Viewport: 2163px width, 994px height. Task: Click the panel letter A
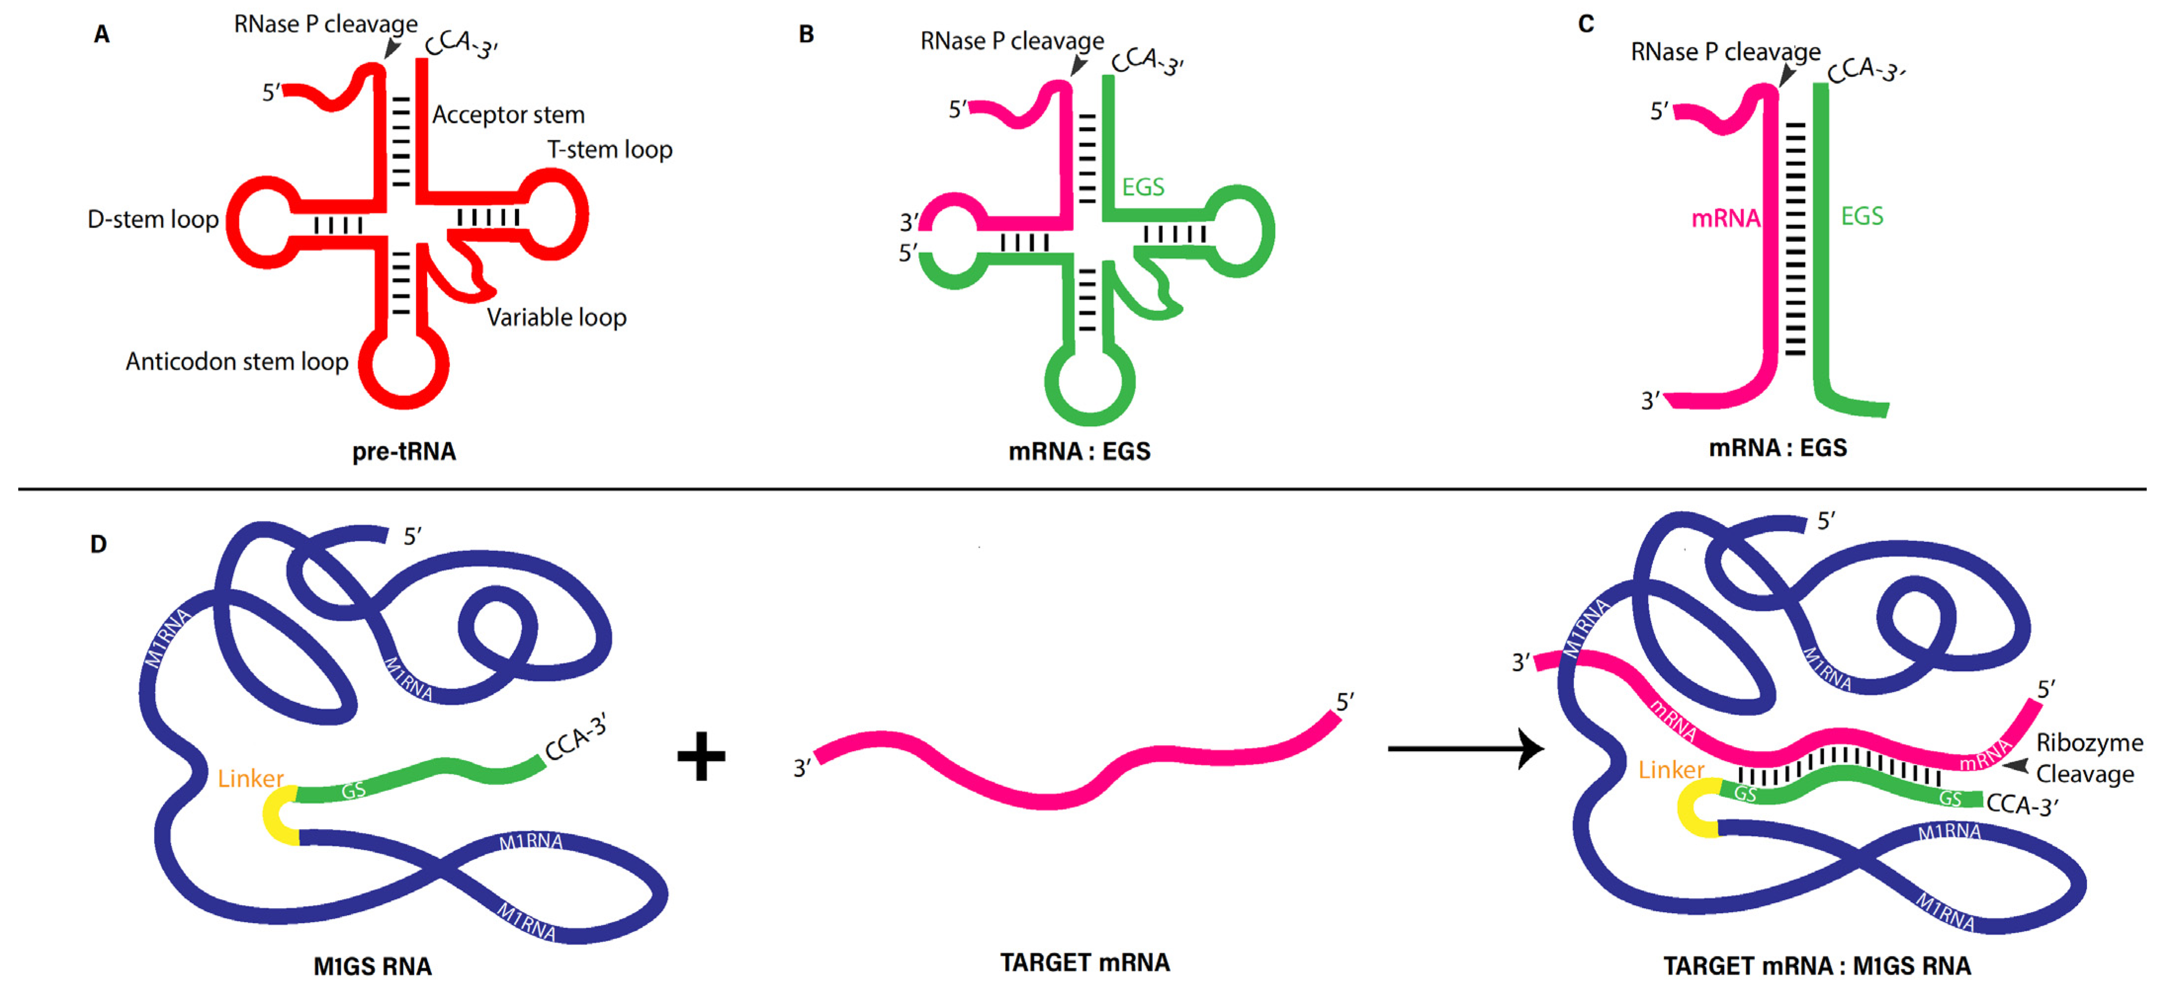(x=102, y=35)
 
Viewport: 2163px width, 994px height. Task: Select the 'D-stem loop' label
(x=153, y=219)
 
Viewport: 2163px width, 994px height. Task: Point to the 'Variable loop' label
(x=556, y=318)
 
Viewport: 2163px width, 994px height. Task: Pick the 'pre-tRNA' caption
(x=404, y=452)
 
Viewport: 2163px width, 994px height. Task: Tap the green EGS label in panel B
(x=1143, y=186)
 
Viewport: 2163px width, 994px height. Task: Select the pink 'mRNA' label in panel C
(x=1725, y=218)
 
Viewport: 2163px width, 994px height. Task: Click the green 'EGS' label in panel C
(x=1861, y=217)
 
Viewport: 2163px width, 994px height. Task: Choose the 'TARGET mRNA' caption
(x=1084, y=962)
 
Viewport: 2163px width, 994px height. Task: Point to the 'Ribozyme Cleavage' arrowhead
(x=2015, y=765)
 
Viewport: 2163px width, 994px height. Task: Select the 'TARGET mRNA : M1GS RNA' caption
(x=1817, y=966)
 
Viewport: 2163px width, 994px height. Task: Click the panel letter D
(x=98, y=544)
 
